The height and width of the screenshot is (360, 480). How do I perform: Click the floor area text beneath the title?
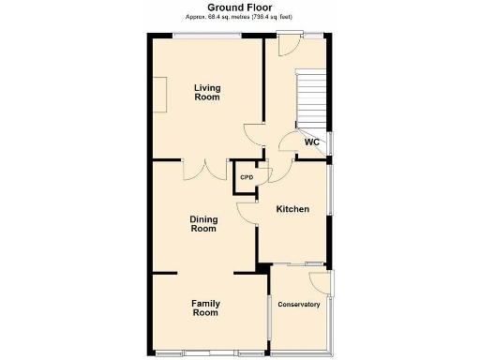pos(239,17)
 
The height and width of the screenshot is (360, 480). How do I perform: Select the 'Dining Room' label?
pos(203,223)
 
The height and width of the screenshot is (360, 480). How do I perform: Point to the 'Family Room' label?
pos(205,307)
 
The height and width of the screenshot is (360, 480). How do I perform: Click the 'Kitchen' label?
pos(292,209)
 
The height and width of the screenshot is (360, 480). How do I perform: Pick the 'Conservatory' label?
pos(298,305)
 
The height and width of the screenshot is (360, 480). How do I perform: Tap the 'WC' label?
pos(312,142)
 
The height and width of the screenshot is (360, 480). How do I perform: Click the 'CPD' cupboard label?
pos(247,177)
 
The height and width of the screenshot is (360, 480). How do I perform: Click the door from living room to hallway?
pos(253,132)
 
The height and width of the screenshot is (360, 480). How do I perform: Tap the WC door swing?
pos(290,142)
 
